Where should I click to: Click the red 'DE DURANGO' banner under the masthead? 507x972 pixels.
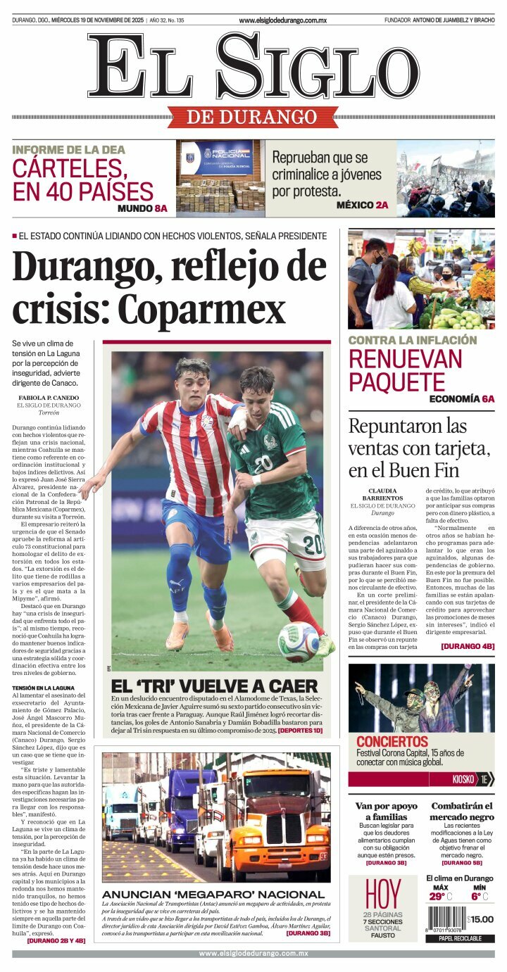tap(253, 117)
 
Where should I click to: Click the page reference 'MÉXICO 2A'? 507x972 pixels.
tap(362, 205)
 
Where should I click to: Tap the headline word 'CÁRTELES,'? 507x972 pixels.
tap(68, 169)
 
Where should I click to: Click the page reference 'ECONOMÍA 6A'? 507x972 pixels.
tap(462, 398)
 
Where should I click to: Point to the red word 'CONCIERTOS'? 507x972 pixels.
tap(392, 742)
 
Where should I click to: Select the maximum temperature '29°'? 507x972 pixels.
tap(437, 897)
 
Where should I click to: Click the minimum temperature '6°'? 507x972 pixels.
tap(476, 897)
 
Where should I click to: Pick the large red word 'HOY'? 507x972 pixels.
tap(383, 894)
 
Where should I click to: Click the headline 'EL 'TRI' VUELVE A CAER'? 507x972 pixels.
tap(214, 686)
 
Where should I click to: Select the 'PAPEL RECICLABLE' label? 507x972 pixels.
tap(460, 938)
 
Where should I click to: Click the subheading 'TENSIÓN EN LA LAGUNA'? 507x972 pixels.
tap(42, 688)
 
